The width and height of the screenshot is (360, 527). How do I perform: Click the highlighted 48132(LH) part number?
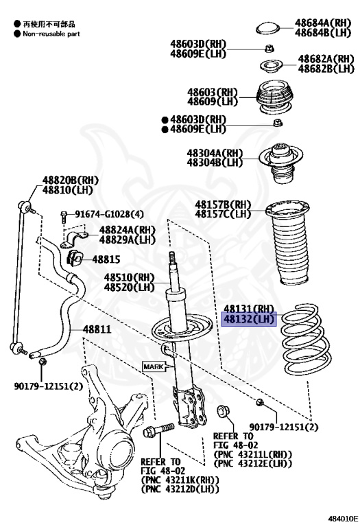pyautogui.click(x=249, y=319)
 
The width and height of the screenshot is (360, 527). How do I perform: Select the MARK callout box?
pyautogui.click(x=154, y=366)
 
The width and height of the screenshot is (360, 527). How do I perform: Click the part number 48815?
pyautogui.click(x=106, y=259)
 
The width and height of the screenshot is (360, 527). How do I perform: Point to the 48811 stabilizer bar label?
pyautogui.click(x=97, y=329)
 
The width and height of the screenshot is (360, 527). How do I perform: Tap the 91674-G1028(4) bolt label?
pyautogui.click(x=109, y=214)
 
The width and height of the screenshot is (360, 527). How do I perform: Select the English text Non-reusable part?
pyautogui.click(x=51, y=34)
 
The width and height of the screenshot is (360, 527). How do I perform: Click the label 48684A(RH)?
pyautogui.click(x=323, y=23)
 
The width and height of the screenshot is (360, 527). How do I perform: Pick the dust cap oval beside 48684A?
pyautogui.click(x=267, y=28)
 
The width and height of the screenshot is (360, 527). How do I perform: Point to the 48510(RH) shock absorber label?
pyautogui.click(x=129, y=278)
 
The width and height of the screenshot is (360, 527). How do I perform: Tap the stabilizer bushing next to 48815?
pyautogui.click(x=74, y=258)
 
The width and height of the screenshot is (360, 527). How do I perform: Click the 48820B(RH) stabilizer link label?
pyautogui.click(x=70, y=180)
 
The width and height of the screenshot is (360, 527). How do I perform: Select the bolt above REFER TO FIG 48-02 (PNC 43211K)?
pyautogui.click(x=158, y=430)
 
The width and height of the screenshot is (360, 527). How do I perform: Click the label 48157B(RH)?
pyautogui.click(x=223, y=204)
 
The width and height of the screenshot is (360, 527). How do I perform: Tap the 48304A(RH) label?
pyautogui.click(x=215, y=153)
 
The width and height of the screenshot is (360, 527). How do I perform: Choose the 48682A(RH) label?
pyautogui.click(x=326, y=59)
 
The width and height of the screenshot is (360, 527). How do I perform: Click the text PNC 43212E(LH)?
pyautogui.click(x=253, y=463)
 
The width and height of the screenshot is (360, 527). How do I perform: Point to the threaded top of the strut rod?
pyautogui.click(x=171, y=257)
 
